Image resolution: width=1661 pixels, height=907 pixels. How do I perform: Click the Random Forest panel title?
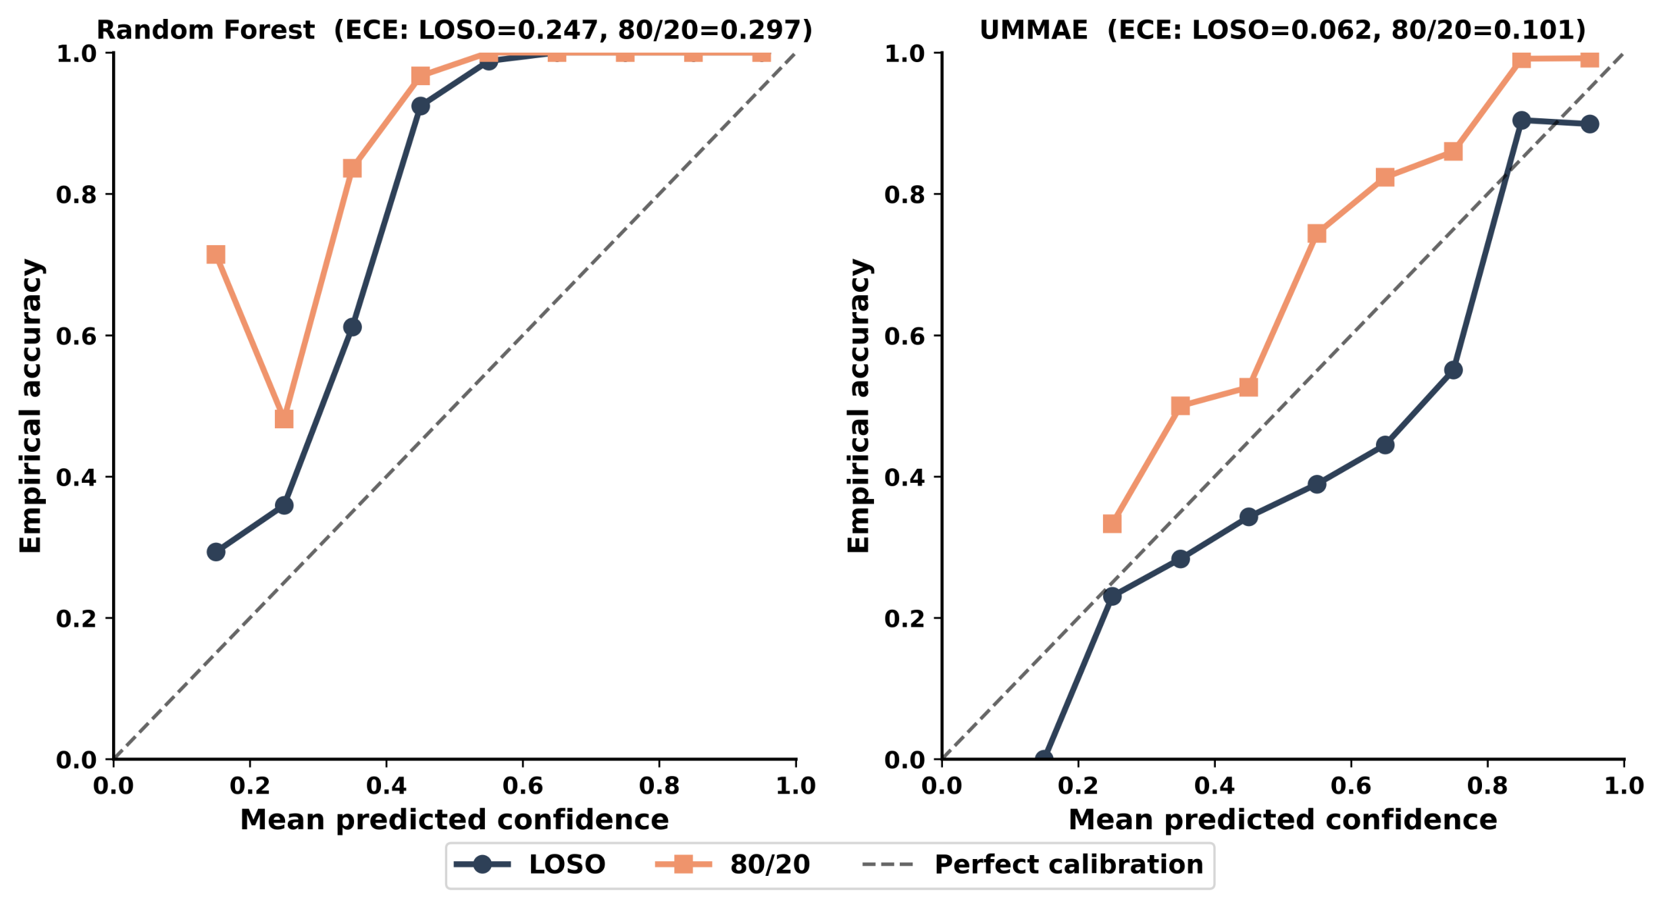pyautogui.click(x=455, y=30)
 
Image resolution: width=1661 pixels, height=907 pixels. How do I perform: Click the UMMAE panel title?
pyautogui.click(x=1283, y=30)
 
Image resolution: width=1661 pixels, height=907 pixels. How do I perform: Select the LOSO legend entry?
pyautogui.click(x=530, y=864)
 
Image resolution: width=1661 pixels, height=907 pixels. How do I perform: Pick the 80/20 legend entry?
pyautogui.click(x=733, y=864)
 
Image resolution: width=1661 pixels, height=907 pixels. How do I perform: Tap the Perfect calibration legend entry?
pyautogui.click(x=1033, y=864)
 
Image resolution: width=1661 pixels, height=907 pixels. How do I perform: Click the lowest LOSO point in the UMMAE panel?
pyautogui.click(x=1044, y=758)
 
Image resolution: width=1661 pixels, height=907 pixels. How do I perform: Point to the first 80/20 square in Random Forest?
pyautogui.click(x=216, y=255)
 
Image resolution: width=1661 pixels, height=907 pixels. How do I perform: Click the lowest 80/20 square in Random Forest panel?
pyautogui.click(x=284, y=419)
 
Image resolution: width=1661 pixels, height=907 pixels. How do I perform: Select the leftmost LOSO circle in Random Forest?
pyautogui.click(x=216, y=552)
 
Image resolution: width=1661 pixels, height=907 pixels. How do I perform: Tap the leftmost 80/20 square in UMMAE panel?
pyautogui.click(x=1113, y=524)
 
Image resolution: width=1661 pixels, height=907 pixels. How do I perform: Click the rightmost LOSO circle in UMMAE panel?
pyautogui.click(x=1590, y=124)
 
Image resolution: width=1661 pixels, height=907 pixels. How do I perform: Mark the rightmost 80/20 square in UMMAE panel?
pyautogui.click(x=1590, y=59)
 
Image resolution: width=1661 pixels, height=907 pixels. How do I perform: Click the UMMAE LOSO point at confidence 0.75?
pyautogui.click(x=1454, y=370)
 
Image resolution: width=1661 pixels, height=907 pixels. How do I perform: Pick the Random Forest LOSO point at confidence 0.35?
pyautogui.click(x=353, y=328)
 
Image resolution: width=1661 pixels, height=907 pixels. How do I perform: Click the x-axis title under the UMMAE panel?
pyautogui.click(x=1283, y=820)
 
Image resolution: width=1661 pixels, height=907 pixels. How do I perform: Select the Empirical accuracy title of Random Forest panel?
pyautogui.click(x=31, y=406)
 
